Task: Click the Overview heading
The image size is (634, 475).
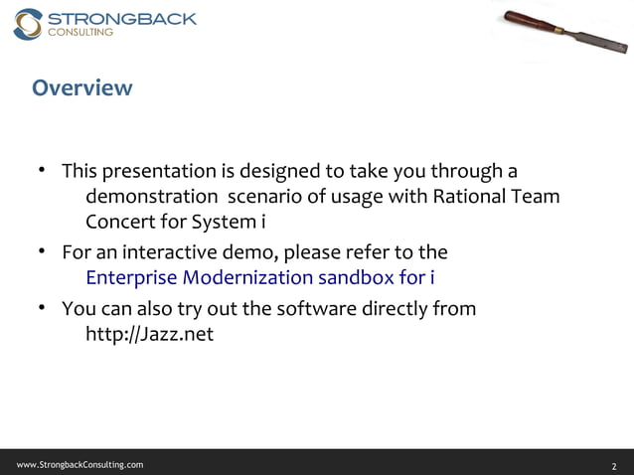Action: [x=81, y=88]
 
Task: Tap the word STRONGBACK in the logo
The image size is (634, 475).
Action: [x=121, y=18]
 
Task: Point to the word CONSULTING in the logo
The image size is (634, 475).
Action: [x=81, y=33]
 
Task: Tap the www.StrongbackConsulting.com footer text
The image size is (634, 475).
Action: [x=79, y=464]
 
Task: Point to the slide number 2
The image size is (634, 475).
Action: [x=614, y=465]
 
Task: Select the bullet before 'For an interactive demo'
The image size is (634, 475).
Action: [x=44, y=250]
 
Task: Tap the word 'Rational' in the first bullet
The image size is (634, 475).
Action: [x=470, y=196]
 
